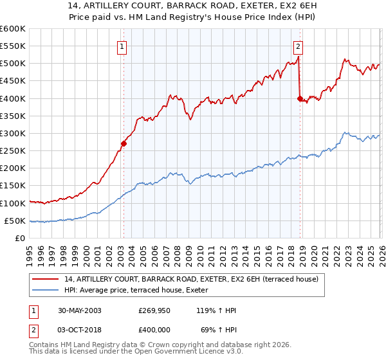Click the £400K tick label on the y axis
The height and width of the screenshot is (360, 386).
point(12,98)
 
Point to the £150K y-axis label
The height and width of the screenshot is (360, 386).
point(12,186)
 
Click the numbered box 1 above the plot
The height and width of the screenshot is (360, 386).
point(122,46)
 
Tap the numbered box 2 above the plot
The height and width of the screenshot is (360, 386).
point(299,46)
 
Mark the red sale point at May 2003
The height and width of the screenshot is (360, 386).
point(124,144)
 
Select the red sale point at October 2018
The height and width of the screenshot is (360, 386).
point(300,98)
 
